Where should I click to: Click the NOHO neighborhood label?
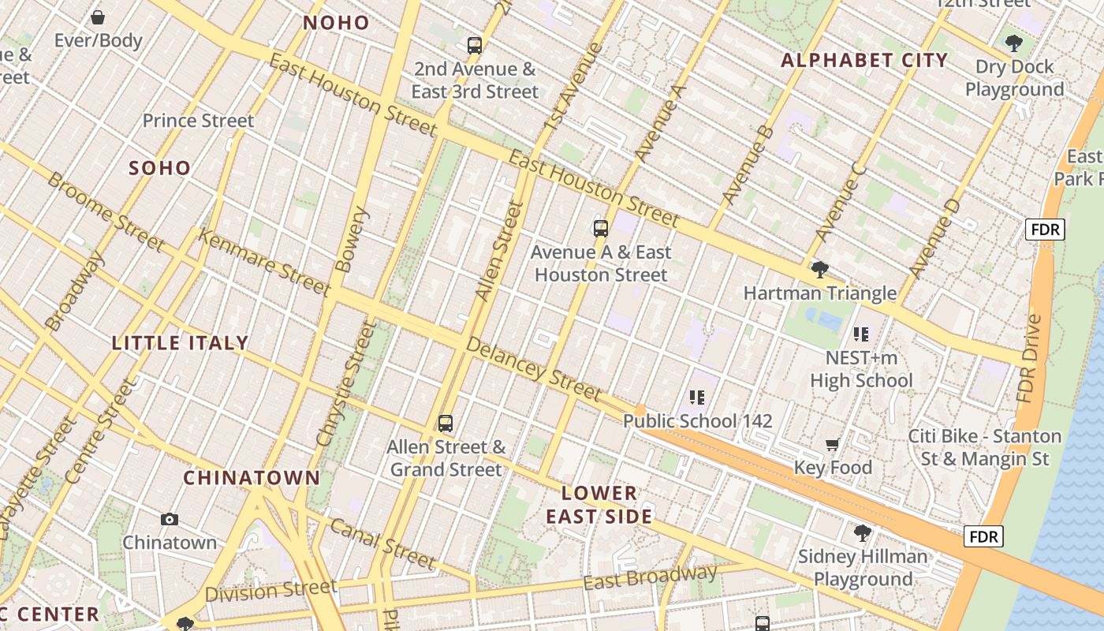[336, 23]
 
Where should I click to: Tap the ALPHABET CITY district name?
[863, 61]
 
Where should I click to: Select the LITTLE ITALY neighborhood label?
[180, 343]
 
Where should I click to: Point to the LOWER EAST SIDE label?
[599, 505]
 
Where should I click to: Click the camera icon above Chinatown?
[170, 519]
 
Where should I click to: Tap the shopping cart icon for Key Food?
[833, 446]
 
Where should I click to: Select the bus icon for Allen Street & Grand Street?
[446, 424]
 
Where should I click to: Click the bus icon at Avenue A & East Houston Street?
[601, 230]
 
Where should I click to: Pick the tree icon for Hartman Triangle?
[820, 271]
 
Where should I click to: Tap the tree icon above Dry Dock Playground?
[1014, 43]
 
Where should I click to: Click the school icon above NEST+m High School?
[861, 334]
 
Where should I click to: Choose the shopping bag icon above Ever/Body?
[98, 17]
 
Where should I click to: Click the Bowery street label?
[352, 240]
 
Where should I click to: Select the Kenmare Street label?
[264, 263]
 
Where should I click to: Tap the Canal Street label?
[382, 543]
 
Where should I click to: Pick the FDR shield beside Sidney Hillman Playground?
[983, 537]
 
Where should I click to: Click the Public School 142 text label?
[697, 421]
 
